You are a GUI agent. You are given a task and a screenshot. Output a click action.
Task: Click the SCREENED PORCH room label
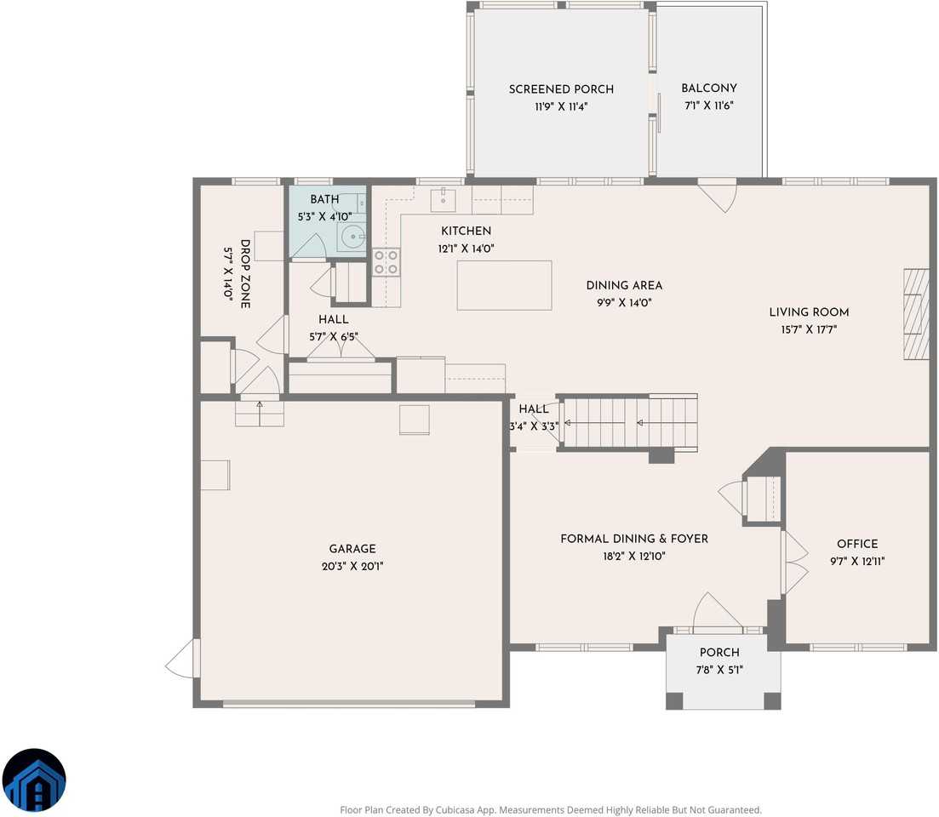[561, 89]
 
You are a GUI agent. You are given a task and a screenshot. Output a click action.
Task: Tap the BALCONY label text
[709, 88]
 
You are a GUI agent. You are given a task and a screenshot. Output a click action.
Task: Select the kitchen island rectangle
[504, 285]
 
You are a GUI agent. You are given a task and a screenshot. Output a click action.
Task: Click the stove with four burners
[386, 262]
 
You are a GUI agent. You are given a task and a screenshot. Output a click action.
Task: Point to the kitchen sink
[443, 199]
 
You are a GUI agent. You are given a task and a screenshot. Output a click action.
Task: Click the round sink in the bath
[352, 237]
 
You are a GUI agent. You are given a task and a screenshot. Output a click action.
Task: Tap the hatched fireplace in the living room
[916, 314]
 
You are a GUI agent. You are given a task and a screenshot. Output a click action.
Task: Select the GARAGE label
[352, 549]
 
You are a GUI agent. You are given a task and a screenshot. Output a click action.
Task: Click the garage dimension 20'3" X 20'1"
[352, 566]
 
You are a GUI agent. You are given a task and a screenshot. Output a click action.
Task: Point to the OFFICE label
[857, 544]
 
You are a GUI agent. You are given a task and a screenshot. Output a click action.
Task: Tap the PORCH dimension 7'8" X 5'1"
[719, 670]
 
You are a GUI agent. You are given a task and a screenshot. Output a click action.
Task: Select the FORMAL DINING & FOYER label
[634, 539]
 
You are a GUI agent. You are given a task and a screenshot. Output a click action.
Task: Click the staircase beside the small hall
[629, 423]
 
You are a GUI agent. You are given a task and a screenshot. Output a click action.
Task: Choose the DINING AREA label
[624, 285]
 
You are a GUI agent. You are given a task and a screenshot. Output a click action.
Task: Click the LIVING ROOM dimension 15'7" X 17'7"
[809, 329]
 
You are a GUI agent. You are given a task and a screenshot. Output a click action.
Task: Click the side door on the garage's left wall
[182, 659]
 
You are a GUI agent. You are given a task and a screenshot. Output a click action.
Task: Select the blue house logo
[34, 780]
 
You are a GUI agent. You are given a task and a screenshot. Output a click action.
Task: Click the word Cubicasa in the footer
[455, 810]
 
